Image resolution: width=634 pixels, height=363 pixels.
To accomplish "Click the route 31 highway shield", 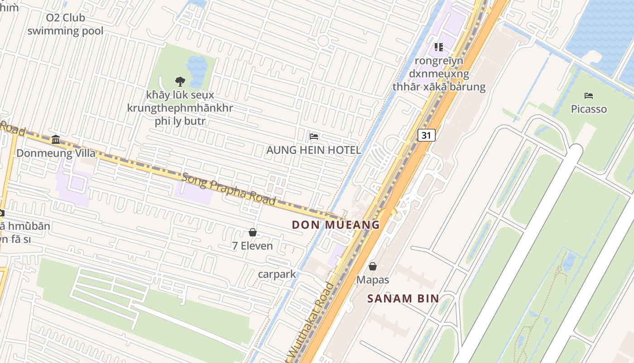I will pyautogui.click(x=426, y=135).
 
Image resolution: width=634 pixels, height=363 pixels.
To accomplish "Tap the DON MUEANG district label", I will pyautogui.click(x=336, y=225).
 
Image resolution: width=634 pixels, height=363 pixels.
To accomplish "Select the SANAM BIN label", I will pyautogui.click(x=403, y=299).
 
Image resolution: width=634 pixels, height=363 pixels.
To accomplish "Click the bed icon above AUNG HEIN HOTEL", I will pyautogui.click(x=314, y=137).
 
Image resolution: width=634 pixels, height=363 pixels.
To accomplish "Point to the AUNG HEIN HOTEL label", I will pyautogui.click(x=314, y=150).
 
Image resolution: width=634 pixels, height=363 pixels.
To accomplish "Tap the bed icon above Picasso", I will pyautogui.click(x=589, y=96).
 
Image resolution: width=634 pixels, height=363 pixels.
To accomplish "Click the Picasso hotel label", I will pyautogui.click(x=589, y=109).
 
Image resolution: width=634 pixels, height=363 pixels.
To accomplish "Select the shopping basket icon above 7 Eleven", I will pyautogui.click(x=253, y=233).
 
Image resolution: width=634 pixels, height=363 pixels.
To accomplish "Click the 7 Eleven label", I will pyautogui.click(x=253, y=246).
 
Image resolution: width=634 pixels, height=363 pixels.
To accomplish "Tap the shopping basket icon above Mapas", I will pyautogui.click(x=373, y=266).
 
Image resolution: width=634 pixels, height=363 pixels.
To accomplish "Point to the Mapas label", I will pyautogui.click(x=373, y=280).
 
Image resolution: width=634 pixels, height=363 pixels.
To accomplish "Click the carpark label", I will pyautogui.click(x=277, y=274).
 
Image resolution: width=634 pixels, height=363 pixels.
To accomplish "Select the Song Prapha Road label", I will pyautogui.click(x=229, y=188).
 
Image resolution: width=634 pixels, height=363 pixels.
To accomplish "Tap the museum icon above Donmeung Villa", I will pyautogui.click(x=56, y=139).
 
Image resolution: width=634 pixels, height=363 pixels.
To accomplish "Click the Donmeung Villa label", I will pyautogui.click(x=50, y=153).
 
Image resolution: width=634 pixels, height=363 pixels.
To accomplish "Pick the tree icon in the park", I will pyautogui.click(x=180, y=82).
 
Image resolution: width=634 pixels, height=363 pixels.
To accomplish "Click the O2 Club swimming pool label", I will pyautogui.click(x=66, y=25).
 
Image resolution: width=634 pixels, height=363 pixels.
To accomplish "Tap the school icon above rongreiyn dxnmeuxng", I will pyautogui.click(x=438, y=47).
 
